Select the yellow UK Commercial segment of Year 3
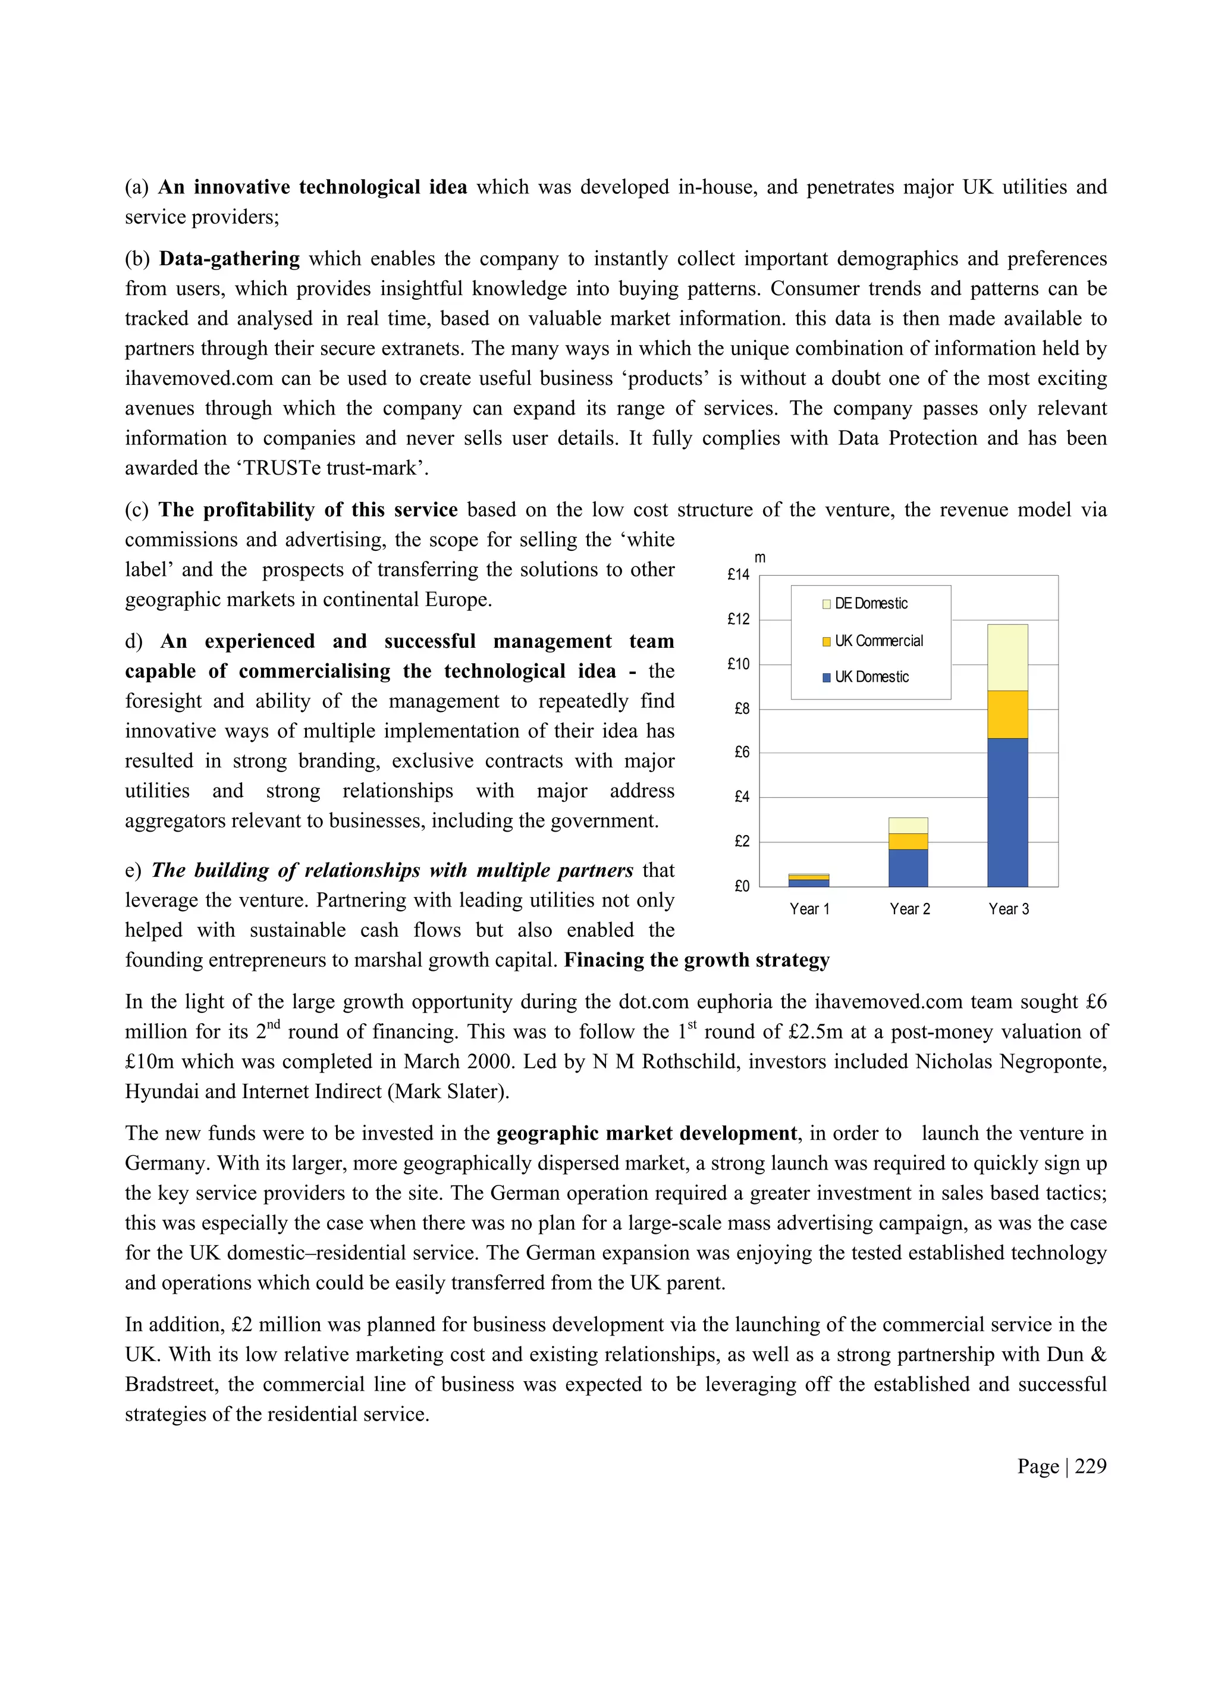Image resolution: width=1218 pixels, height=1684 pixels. tap(1007, 714)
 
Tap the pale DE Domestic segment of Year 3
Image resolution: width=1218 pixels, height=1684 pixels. tap(1007, 657)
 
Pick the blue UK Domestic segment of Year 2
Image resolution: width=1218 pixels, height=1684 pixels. tap(908, 867)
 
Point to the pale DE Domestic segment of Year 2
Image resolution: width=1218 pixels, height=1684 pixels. tap(908, 825)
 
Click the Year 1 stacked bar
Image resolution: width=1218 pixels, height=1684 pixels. tap(808, 880)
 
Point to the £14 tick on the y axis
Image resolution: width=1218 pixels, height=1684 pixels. tap(739, 575)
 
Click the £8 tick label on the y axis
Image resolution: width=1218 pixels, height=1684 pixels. tap(742, 709)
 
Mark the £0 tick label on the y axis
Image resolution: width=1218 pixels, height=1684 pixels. tap(742, 886)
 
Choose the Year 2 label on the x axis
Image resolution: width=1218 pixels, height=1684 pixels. tap(909, 910)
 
